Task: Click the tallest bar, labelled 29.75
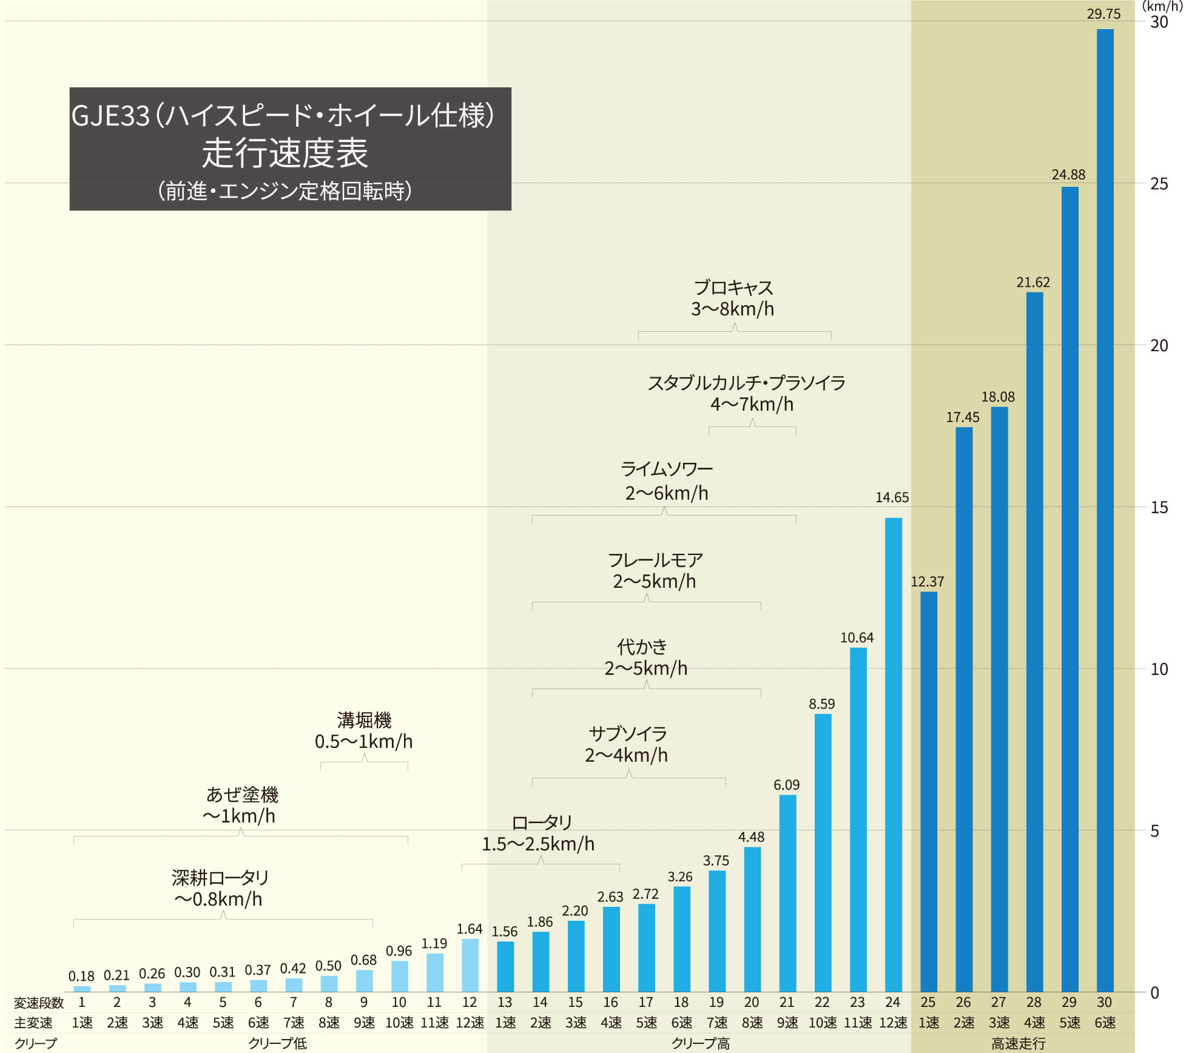pos(1105,510)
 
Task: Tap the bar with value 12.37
pos(928,791)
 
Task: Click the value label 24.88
pos(1068,175)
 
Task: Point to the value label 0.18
pos(81,976)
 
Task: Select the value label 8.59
pos(821,704)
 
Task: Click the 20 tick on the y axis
pos(1159,345)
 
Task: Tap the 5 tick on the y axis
pos(1154,830)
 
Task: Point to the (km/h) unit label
pos(1162,7)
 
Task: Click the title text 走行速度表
pos(285,153)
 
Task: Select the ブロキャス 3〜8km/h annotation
pos(733,298)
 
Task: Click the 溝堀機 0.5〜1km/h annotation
pos(363,730)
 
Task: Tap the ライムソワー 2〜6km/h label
pos(666,481)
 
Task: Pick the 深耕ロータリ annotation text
pos(220,878)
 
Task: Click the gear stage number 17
pos(645,1002)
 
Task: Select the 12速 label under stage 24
pos(893,1023)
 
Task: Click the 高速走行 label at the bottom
pos(1018,1043)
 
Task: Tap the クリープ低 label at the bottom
pos(277,1043)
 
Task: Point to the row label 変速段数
pos(38,1003)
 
